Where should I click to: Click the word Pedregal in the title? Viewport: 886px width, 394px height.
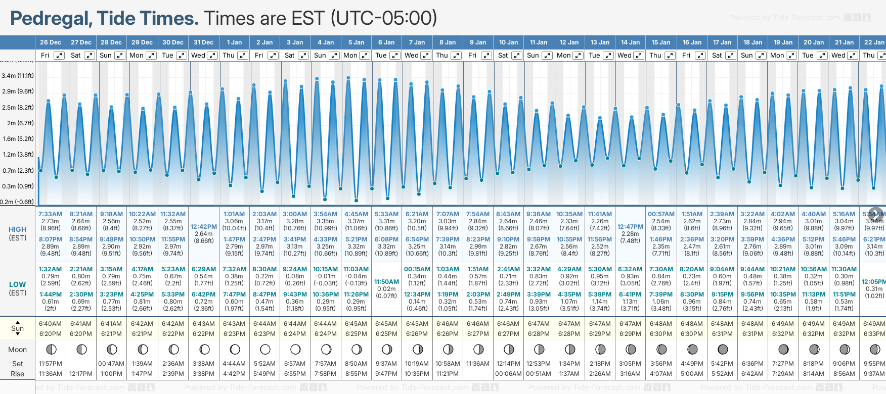[50, 19]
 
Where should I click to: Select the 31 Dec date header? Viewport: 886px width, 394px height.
[203, 42]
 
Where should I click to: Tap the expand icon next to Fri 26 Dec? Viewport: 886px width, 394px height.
[59, 56]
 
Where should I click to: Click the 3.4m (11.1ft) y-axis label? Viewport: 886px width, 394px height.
[18, 76]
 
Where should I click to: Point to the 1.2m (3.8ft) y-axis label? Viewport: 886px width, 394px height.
[18, 155]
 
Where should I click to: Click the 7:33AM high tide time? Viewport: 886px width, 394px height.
[51, 214]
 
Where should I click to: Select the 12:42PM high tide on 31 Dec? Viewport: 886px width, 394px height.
[204, 227]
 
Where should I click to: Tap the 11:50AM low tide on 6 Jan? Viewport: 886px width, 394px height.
[386, 282]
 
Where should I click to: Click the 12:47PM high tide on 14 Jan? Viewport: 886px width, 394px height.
[630, 227]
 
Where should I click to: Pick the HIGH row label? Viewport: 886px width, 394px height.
[17, 229]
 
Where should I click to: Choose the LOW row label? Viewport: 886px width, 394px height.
[17, 284]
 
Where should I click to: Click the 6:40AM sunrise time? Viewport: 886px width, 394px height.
[50, 324]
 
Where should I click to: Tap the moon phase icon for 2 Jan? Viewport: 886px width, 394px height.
[265, 350]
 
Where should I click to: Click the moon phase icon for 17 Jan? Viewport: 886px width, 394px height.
[723, 350]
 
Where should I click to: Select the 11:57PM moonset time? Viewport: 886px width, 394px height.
[50, 364]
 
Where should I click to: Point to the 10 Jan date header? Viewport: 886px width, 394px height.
[508, 42]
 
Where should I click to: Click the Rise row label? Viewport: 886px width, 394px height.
[17, 374]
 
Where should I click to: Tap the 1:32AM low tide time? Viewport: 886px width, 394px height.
[50, 269]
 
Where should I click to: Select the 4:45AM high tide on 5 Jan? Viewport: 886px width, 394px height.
[356, 214]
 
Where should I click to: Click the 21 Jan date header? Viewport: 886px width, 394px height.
[844, 42]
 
